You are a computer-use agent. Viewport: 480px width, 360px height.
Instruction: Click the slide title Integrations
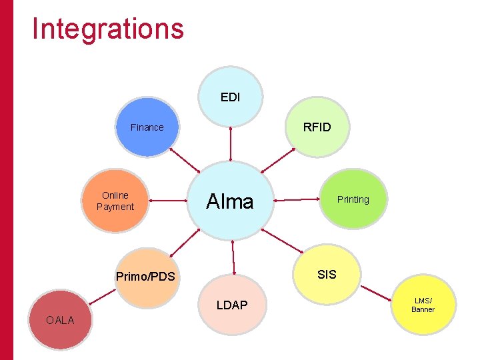(x=108, y=29)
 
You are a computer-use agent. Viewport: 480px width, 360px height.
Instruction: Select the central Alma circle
(x=230, y=201)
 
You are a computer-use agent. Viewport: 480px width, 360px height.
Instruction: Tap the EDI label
(x=230, y=97)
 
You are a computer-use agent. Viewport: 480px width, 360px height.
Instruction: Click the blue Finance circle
(x=147, y=127)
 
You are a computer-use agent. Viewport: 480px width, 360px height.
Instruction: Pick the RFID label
(x=317, y=127)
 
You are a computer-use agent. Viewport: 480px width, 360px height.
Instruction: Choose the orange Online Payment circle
(x=115, y=201)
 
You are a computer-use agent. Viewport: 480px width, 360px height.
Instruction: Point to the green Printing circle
(x=353, y=199)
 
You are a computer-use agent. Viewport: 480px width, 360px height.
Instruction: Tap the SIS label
(x=327, y=275)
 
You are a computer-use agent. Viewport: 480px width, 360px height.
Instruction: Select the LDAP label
(x=231, y=305)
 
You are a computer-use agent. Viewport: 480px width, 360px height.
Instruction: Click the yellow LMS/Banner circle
(x=423, y=305)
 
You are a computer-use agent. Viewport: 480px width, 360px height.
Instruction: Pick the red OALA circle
(x=60, y=321)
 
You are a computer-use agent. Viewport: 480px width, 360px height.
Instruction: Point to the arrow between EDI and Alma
(x=231, y=143)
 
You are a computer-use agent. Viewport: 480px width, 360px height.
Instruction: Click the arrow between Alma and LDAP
(x=233, y=257)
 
